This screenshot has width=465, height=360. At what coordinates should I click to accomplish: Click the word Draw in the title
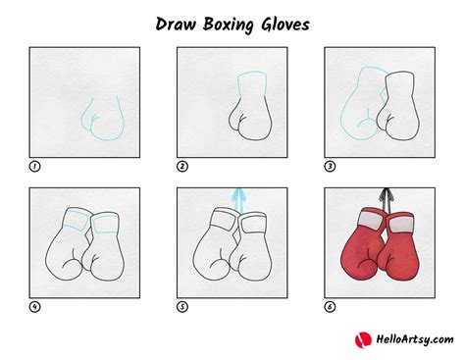pos(176,25)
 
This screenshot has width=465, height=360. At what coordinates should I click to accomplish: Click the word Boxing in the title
pos(229,25)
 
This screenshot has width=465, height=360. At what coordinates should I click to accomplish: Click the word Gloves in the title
pos(285,25)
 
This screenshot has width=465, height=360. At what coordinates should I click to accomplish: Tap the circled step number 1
pos(34,167)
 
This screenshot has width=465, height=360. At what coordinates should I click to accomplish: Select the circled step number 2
pos(182,167)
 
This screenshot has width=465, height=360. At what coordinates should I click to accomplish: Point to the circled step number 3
pos(330,167)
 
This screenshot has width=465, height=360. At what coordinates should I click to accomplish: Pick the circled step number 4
pos(34,307)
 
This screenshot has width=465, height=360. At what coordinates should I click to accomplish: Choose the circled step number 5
pos(182,307)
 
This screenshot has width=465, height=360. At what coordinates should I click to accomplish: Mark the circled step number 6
pos(330,307)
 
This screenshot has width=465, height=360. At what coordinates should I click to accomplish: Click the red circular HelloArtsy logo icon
pos(363,339)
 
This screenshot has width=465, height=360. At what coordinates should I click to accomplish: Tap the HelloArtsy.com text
pos(415,339)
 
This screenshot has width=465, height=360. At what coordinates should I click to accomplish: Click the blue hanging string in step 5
pos(238,200)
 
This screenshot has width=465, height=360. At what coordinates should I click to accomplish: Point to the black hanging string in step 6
pos(387,199)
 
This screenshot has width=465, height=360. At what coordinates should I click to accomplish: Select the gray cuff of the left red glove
pos(372,219)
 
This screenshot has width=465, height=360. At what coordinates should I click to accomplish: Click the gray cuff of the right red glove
pos(401,224)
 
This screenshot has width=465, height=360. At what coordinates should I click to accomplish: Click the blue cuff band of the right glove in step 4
pos(105,225)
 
